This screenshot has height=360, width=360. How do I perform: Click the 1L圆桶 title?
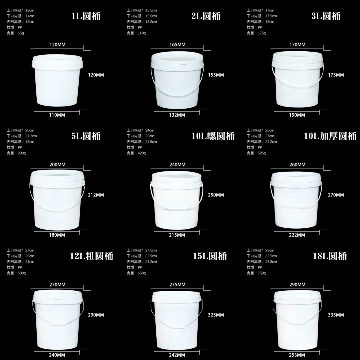click(x=86, y=16)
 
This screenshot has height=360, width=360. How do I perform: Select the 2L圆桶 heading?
click(x=206, y=16)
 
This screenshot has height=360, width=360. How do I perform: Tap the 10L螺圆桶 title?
click(x=213, y=136)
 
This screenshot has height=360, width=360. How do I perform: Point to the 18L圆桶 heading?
click(x=329, y=256)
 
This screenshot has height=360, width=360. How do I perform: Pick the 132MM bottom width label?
click(x=177, y=115)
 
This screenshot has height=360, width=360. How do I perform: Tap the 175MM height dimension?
click(x=336, y=75)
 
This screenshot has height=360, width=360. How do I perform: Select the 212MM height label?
click(x=96, y=195)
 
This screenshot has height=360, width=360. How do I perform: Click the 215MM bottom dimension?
click(x=177, y=235)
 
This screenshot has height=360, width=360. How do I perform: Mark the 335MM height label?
click(x=336, y=315)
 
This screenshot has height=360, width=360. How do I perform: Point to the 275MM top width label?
click(x=177, y=284)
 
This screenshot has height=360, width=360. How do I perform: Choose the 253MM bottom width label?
click(x=297, y=355)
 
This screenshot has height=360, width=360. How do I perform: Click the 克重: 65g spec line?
click(x=15, y=33)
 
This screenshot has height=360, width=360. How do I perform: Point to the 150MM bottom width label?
click(x=297, y=115)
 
